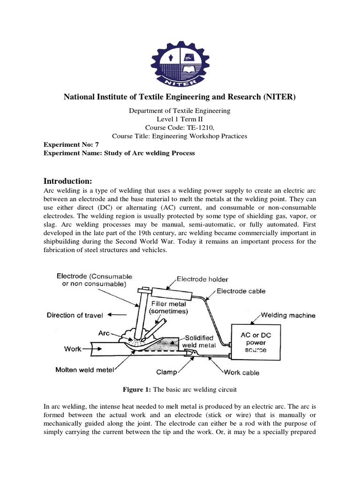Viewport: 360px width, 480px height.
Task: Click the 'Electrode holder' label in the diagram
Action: (x=202, y=279)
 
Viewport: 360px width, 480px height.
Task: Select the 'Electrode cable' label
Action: (x=240, y=291)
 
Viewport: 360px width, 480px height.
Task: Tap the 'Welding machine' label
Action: (x=288, y=315)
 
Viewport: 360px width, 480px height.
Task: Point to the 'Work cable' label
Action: (x=242, y=373)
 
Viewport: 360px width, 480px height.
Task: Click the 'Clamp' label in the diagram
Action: (x=166, y=373)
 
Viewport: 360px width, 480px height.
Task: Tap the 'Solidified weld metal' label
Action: (x=200, y=341)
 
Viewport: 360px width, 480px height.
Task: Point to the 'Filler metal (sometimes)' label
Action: (x=168, y=307)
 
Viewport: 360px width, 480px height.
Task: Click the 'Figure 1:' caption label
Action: (x=137, y=389)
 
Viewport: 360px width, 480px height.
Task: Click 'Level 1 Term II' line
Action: (x=180, y=119)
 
